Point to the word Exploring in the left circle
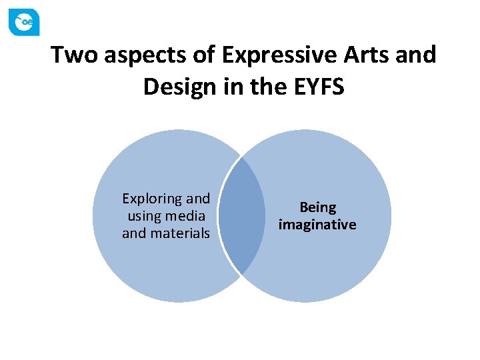pos(153,199)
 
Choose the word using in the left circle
pos(142,216)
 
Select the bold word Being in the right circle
pos(317,207)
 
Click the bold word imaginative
pos(317,225)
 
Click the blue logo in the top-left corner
pos(24,22)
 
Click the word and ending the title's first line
pos(415,55)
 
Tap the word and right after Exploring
pos(198,199)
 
